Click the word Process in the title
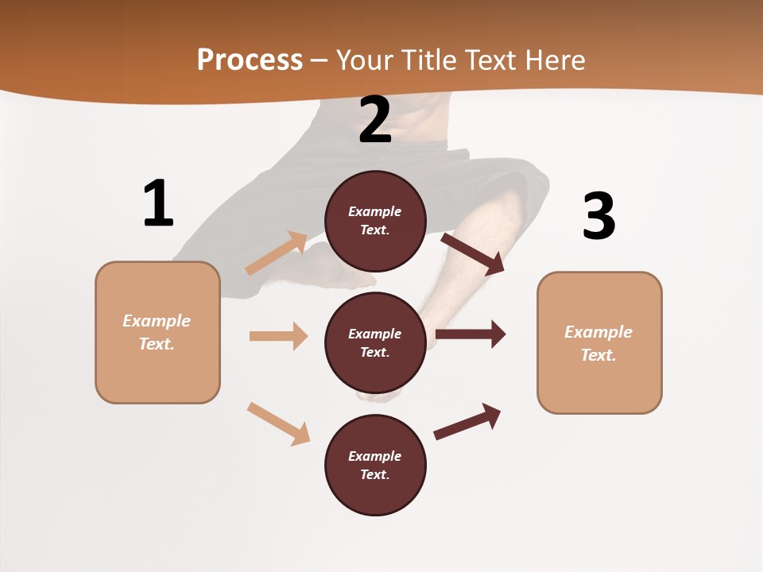pyautogui.click(x=250, y=60)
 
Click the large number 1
pyautogui.click(x=158, y=203)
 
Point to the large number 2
pyautogui.click(x=375, y=120)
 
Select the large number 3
pyautogui.click(x=598, y=215)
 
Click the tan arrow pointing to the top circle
pyautogui.click(x=277, y=253)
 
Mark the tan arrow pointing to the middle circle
pyautogui.click(x=278, y=336)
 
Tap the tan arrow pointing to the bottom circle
pyautogui.click(x=279, y=423)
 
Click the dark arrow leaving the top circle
pyautogui.click(x=473, y=253)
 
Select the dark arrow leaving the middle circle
pyautogui.click(x=471, y=334)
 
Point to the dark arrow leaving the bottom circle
pyautogui.click(x=467, y=421)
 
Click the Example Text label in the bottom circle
pyautogui.click(x=375, y=466)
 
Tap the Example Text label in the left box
pyautogui.click(x=157, y=332)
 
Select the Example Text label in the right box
pyautogui.click(x=598, y=343)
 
